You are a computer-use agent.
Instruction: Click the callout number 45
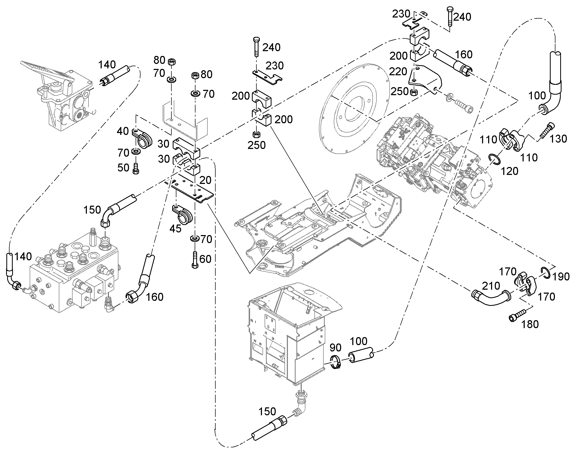pyautogui.click(x=175, y=228)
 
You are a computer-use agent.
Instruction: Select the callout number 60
pyautogui.click(x=205, y=259)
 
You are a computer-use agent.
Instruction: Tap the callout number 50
pyautogui.click(x=123, y=168)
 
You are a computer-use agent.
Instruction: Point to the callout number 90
pyautogui.click(x=335, y=347)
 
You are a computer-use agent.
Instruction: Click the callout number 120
pyautogui.click(x=509, y=171)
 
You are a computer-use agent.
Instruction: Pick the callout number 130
pyautogui.click(x=558, y=139)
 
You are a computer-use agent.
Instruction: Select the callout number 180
pyautogui.click(x=530, y=324)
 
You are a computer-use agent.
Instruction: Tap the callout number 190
pyautogui.click(x=561, y=277)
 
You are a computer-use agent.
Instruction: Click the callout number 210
pyautogui.click(x=491, y=286)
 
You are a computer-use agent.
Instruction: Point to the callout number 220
pyautogui.click(x=398, y=72)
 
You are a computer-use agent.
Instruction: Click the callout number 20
pyautogui.click(x=205, y=180)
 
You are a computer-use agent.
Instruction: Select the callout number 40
pyautogui.click(x=123, y=131)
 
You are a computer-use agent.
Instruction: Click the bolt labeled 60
pyautogui.click(x=195, y=259)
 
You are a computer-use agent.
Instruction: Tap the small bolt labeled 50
pyautogui.click(x=136, y=169)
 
